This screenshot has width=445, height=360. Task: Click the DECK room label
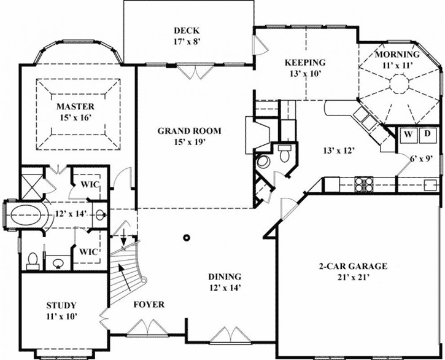187,31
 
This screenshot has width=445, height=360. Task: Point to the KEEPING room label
304,63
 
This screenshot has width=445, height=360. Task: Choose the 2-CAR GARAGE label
352,267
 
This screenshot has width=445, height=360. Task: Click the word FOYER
147,303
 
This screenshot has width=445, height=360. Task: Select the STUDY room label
61,305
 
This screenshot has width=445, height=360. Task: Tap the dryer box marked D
428,133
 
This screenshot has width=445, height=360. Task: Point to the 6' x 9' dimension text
422,158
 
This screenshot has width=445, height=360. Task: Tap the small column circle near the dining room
185,237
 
